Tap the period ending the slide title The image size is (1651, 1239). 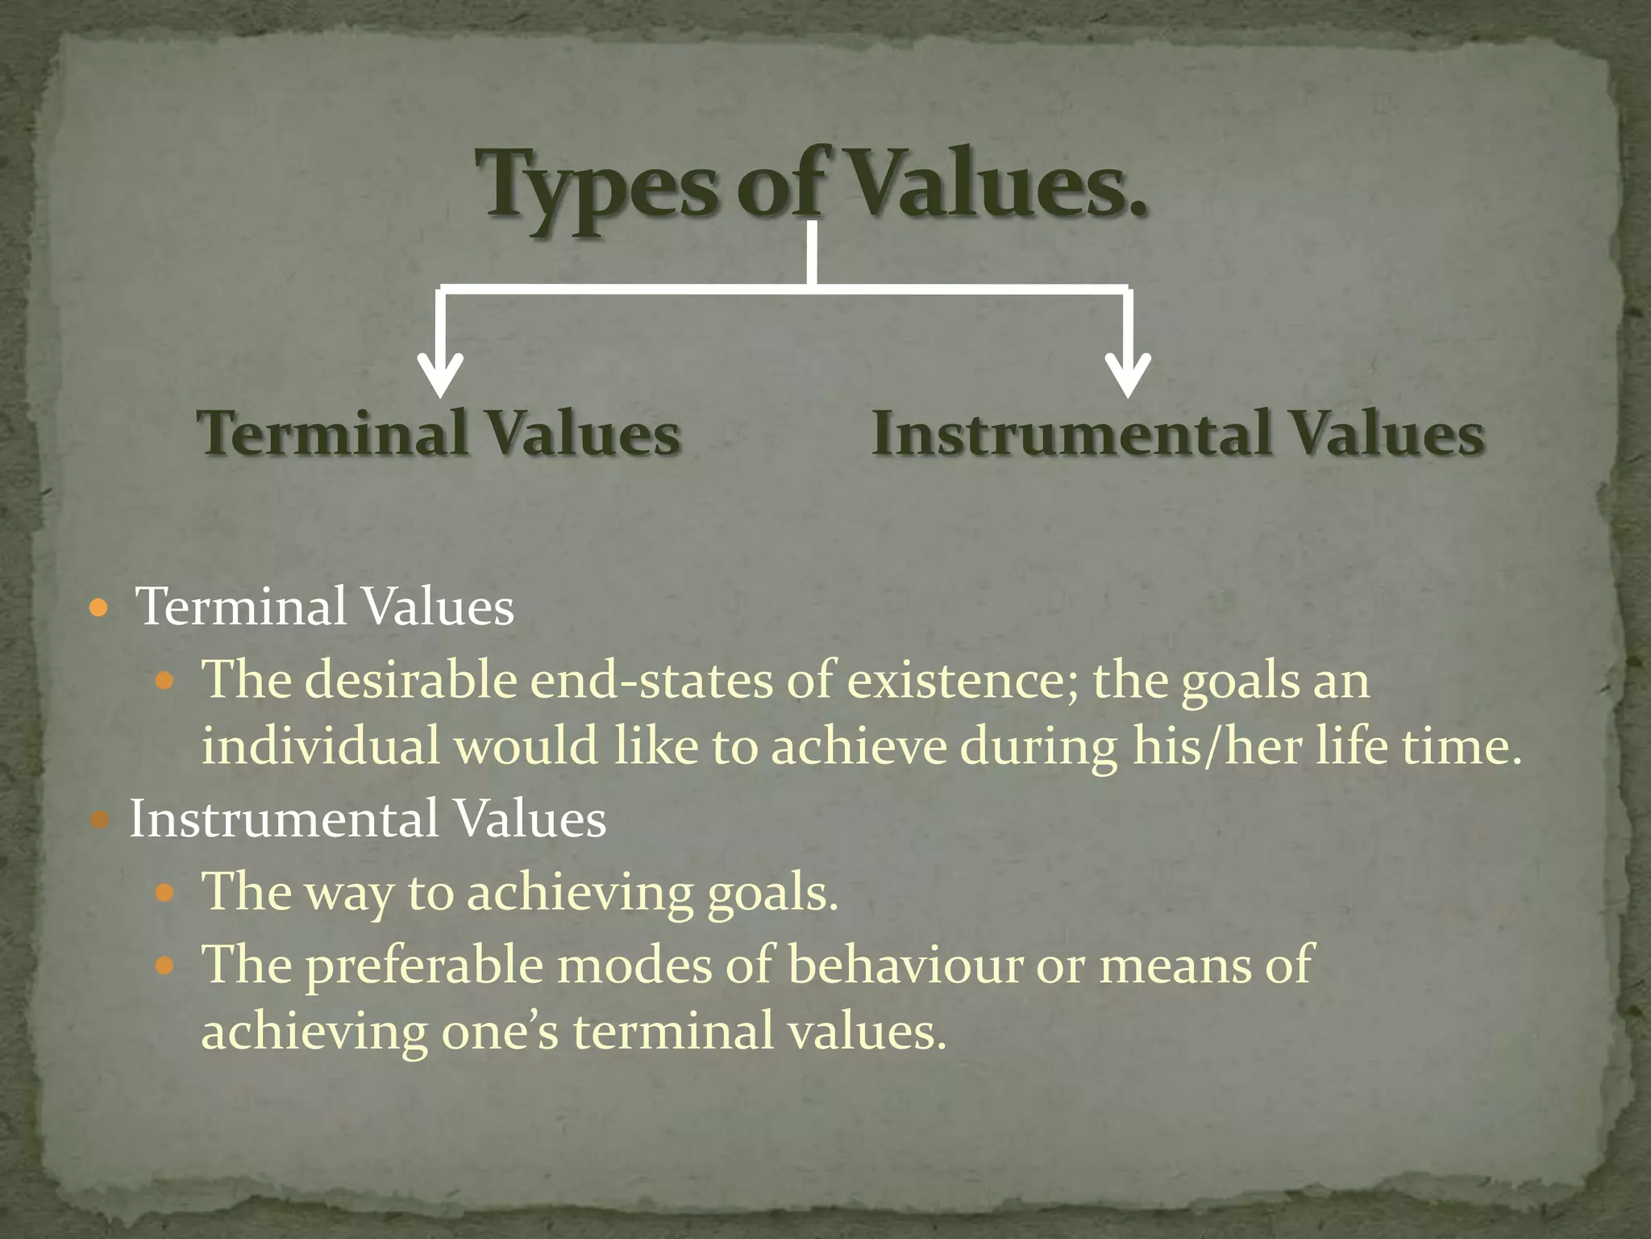[1137, 211]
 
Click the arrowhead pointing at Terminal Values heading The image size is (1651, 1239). [440, 376]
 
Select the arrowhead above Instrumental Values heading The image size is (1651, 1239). [1128, 376]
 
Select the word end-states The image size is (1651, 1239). [651, 679]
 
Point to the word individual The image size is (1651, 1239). [321, 745]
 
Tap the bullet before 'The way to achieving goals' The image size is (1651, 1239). [164, 893]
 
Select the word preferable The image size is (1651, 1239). [424, 966]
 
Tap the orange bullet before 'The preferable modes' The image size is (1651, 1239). [164, 965]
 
